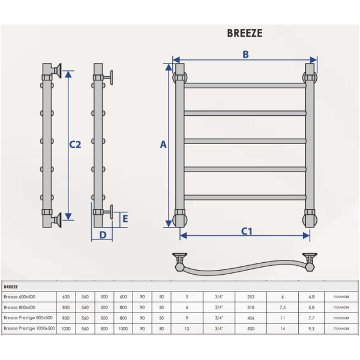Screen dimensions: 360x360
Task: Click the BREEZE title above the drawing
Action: (244, 34)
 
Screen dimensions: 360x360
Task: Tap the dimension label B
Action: (245, 55)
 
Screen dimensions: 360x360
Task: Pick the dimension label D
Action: (103, 235)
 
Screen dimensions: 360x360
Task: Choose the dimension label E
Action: (125, 218)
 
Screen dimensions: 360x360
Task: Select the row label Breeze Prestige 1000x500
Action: (29, 328)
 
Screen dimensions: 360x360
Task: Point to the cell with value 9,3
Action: (311, 328)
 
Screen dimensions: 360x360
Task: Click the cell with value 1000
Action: (124, 328)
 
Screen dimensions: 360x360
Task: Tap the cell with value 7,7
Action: (311, 317)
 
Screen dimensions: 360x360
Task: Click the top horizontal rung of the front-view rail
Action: (245, 85)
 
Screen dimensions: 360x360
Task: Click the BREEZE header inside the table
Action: (11, 287)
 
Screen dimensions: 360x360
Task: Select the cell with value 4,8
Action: (311, 296)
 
